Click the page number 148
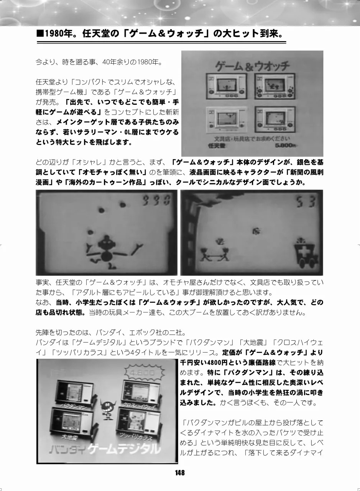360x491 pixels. pyautogui.click(x=180, y=473)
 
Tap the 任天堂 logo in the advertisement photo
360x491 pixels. pyautogui.click(x=217, y=145)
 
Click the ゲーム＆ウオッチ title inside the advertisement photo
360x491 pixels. pyautogui.click(x=252, y=66)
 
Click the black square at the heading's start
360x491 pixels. pyautogui.click(x=40, y=34)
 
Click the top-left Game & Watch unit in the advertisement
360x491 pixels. pyautogui.click(x=226, y=86)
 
